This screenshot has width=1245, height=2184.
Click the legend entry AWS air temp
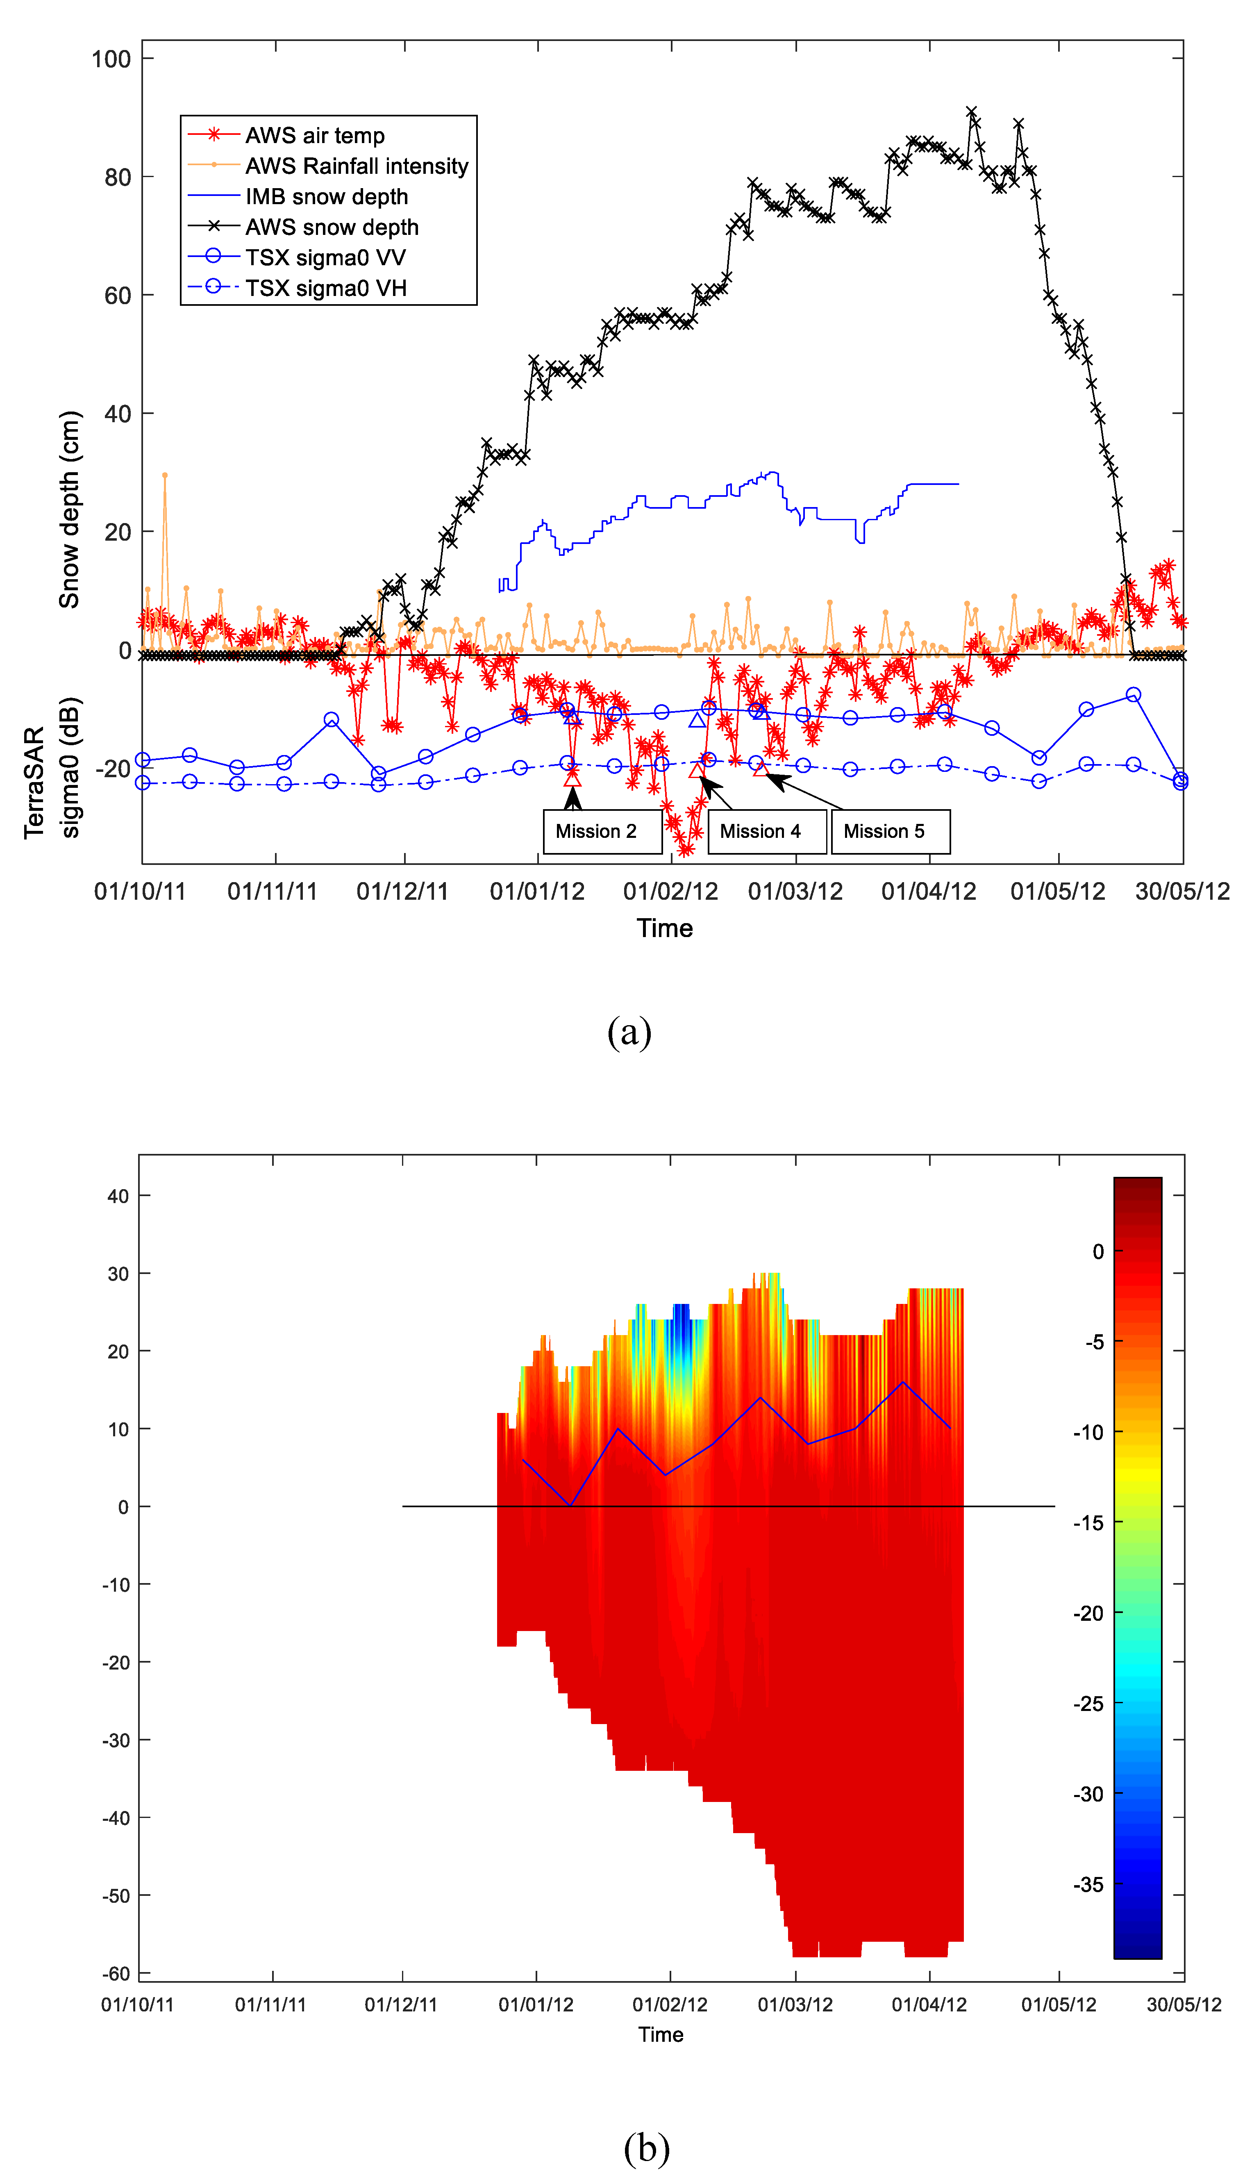315,135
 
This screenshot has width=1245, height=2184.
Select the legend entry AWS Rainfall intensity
357,166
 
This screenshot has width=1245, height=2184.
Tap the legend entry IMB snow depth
327,197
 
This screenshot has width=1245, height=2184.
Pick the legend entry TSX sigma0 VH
326,288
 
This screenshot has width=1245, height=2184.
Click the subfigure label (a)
629,1032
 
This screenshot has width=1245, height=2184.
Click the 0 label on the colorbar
1098,1252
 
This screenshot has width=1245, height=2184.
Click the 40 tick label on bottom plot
118,1197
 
